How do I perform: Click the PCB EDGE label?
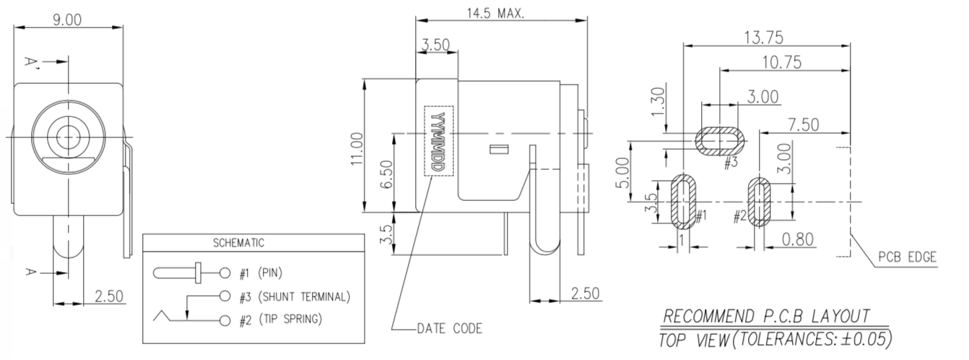(907, 257)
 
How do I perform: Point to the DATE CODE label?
(449, 329)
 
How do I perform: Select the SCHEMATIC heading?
(238, 243)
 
